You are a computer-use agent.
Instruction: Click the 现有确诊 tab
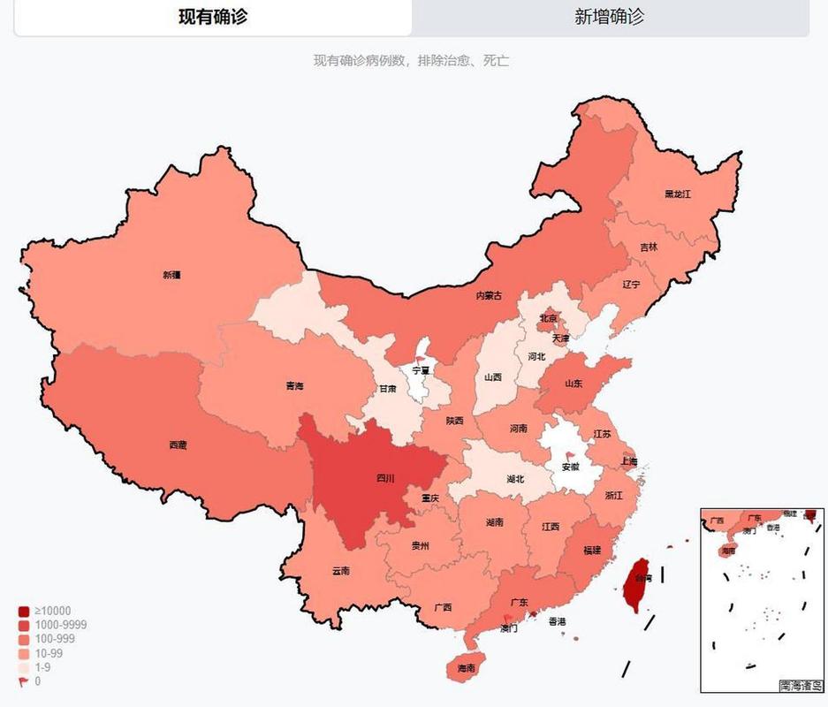(213, 17)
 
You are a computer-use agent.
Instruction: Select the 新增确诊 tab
(610, 17)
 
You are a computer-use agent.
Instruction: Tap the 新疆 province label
(171, 275)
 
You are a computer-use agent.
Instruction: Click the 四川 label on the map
(386, 478)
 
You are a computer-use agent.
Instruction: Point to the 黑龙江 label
(678, 194)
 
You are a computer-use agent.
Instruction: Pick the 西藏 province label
(178, 445)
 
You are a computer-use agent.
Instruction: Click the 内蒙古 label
(489, 295)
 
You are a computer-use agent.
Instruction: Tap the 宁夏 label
(421, 370)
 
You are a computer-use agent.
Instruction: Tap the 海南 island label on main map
(467, 669)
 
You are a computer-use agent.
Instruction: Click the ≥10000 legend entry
(52, 611)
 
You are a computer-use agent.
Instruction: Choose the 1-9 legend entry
(42, 667)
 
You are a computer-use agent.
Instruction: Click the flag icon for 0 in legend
(23, 681)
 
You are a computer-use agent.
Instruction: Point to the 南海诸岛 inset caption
(801, 684)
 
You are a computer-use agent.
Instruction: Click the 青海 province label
(295, 386)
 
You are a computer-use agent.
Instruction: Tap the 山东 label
(573, 384)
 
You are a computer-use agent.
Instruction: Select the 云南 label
(341, 571)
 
